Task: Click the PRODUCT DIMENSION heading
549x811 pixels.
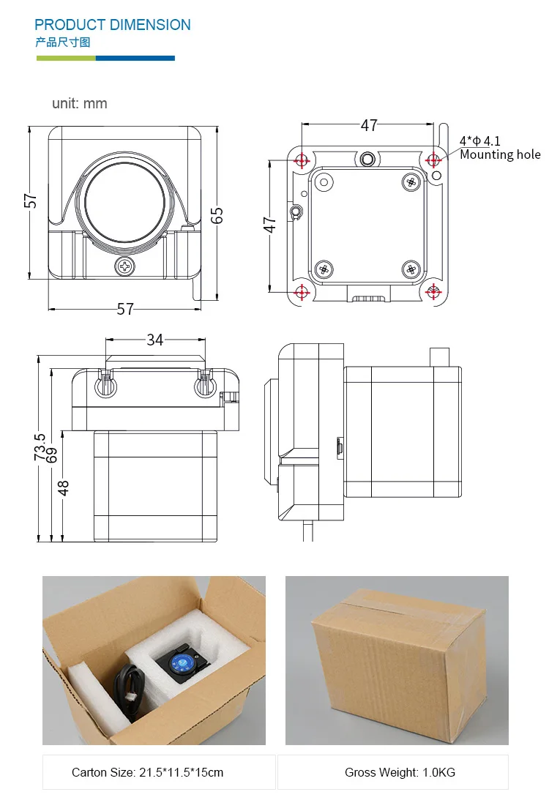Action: click(112, 25)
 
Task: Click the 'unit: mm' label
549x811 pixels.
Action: click(79, 103)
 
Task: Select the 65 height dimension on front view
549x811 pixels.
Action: click(217, 214)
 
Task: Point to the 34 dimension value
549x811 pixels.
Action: click(154, 340)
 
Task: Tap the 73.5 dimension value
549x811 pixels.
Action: click(40, 447)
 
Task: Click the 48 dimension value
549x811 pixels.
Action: click(64, 487)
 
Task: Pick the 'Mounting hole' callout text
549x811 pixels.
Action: click(500, 154)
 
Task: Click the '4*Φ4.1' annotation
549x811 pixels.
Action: click(479, 141)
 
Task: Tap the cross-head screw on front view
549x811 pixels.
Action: click(125, 265)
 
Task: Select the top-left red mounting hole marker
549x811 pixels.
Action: click(301, 160)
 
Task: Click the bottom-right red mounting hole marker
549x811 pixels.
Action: click(433, 292)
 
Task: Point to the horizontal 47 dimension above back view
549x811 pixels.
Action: click(369, 125)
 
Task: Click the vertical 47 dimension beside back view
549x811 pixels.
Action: click(269, 225)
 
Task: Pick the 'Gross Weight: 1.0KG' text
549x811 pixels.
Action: click(400, 772)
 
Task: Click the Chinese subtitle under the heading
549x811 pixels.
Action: click(62, 42)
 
